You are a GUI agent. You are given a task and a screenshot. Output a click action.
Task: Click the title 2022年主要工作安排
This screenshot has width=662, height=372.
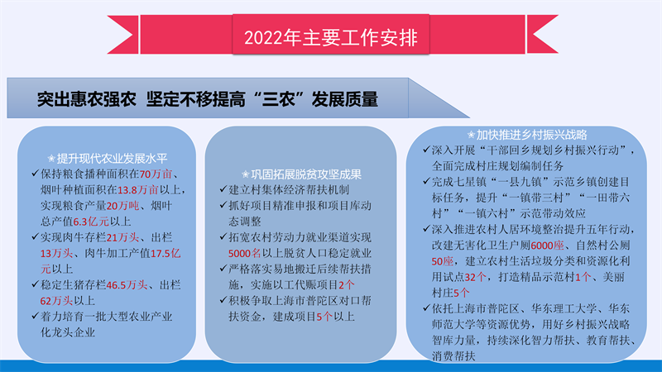click(330, 37)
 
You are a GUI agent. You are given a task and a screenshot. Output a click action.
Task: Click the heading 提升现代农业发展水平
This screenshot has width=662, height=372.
click(112, 159)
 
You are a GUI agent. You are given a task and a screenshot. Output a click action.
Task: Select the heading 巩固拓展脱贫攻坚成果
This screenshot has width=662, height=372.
click(306, 174)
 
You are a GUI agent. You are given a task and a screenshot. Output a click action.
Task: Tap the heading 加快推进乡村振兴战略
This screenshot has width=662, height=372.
click(531, 135)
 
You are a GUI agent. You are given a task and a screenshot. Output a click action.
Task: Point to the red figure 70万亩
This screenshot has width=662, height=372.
click(156, 174)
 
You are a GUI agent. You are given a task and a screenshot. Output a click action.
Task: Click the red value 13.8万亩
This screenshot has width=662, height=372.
click(137, 190)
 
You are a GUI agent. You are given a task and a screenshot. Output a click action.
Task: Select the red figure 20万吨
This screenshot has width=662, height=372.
click(122, 206)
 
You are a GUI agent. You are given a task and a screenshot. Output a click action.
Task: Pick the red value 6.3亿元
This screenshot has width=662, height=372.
click(91, 222)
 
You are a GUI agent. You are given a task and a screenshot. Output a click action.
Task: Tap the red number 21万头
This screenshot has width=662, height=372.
click(122, 237)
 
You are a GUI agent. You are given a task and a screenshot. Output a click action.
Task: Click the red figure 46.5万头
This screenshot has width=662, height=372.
click(127, 285)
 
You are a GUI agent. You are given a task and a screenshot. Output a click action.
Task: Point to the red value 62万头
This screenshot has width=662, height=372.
click(56, 301)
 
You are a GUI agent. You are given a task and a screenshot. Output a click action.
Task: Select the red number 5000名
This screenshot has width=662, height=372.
click(244, 254)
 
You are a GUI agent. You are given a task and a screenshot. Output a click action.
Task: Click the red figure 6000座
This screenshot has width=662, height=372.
click(547, 246)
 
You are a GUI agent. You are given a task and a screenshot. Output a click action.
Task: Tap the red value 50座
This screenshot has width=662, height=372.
click(443, 261)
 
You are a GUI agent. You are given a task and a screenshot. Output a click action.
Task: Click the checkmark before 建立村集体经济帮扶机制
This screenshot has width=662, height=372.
click(223, 189)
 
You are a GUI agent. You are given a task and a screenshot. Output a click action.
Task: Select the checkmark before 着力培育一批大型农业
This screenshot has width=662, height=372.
click(35, 316)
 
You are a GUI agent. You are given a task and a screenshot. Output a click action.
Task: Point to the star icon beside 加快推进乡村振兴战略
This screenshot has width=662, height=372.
click(471, 136)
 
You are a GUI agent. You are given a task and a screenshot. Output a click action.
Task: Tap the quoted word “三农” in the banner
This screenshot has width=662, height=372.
click(280, 99)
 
